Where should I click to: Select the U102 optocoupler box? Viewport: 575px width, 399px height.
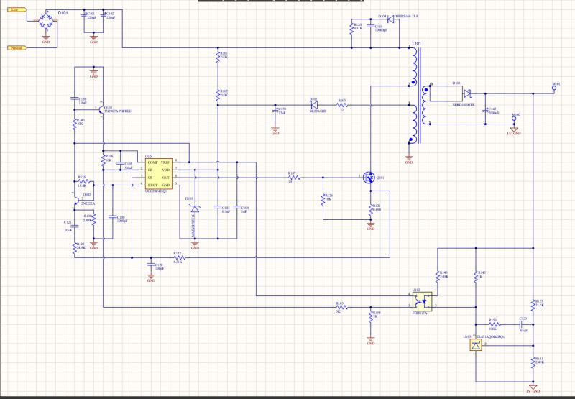[x=421, y=301]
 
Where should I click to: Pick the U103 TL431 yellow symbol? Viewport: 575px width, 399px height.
[x=474, y=346]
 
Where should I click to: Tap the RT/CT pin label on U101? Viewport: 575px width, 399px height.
[x=153, y=185]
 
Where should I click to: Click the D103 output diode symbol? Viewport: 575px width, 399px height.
[x=466, y=92]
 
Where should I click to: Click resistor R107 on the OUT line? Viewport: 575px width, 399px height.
[x=293, y=178]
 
